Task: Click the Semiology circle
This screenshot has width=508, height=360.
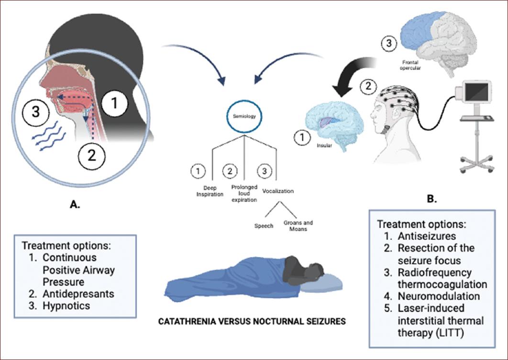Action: (x=244, y=117)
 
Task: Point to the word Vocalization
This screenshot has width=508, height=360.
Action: (x=278, y=191)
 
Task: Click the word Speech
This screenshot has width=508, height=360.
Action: (x=264, y=225)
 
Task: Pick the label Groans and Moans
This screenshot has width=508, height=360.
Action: (x=296, y=225)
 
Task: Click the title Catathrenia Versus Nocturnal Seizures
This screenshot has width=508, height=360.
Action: (x=252, y=321)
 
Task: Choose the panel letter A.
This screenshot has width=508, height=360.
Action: (x=75, y=204)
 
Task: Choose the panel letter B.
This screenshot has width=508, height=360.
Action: (x=432, y=197)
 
